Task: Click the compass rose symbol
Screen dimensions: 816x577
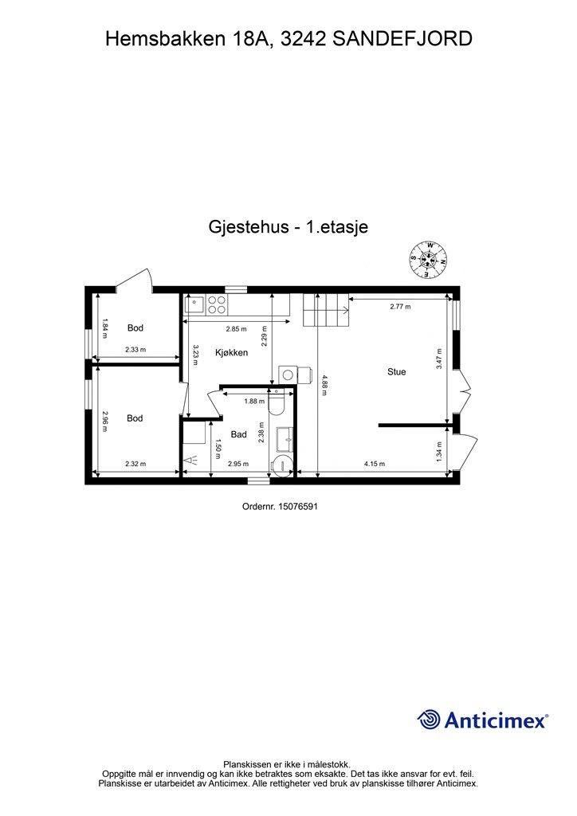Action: (x=429, y=259)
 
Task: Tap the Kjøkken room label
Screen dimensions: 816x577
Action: (x=232, y=352)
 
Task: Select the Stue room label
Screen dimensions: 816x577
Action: (x=396, y=371)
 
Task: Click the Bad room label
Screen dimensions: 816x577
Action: (x=238, y=435)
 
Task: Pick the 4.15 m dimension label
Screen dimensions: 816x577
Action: (x=375, y=464)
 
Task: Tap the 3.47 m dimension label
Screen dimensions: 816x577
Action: (x=438, y=357)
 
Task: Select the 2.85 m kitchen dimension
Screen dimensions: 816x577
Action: (x=236, y=328)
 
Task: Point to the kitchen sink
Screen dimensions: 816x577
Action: (x=195, y=303)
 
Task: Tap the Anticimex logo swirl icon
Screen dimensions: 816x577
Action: (x=430, y=720)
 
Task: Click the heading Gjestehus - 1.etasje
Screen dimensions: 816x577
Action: (x=288, y=227)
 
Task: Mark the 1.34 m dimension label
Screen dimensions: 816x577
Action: (x=438, y=452)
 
